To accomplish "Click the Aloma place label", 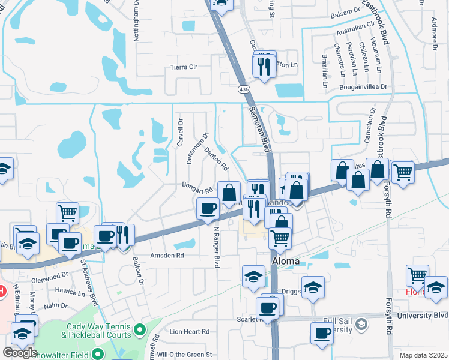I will [x=286, y=262].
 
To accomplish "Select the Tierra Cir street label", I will [x=184, y=67].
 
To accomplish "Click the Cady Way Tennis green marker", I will [x=140, y=329].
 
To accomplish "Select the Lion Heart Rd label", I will [x=189, y=331].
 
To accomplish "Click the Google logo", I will [x=20, y=353].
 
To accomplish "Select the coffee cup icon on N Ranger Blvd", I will [x=208, y=208].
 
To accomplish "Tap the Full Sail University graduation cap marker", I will [x=361, y=325].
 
